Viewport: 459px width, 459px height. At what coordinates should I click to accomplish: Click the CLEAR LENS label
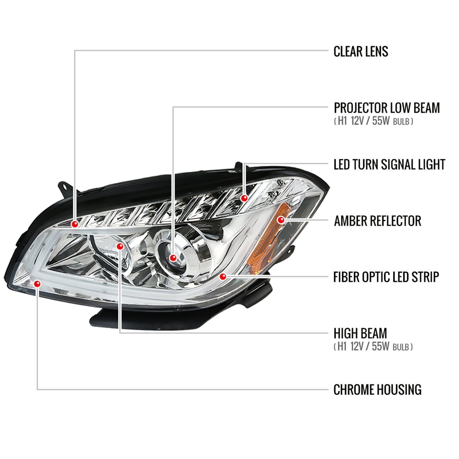click(x=360, y=51)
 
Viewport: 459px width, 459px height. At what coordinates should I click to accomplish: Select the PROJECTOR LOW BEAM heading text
click(x=386, y=108)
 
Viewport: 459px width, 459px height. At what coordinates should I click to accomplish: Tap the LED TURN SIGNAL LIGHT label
click(x=389, y=165)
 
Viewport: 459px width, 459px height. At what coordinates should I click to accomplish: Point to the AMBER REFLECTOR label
click(x=377, y=221)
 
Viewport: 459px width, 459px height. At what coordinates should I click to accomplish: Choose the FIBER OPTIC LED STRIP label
click(x=386, y=277)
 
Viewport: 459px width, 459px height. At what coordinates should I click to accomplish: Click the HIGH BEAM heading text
click(x=360, y=333)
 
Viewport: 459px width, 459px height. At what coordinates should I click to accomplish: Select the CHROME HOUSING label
click(x=377, y=390)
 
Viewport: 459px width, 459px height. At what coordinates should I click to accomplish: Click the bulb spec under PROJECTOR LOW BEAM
click(x=373, y=121)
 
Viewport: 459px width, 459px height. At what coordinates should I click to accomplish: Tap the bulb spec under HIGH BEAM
click(x=373, y=347)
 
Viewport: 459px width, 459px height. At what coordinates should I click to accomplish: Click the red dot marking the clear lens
click(x=75, y=224)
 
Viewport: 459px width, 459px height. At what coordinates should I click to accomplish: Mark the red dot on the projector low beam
click(x=173, y=258)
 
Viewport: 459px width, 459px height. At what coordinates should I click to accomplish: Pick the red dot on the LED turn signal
click(x=244, y=198)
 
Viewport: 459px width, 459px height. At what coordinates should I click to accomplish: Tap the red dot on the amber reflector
click(x=281, y=220)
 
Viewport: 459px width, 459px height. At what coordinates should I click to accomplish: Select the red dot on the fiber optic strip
click(x=223, y=277)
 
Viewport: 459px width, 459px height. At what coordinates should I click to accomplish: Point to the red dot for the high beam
click(x=120, y=246)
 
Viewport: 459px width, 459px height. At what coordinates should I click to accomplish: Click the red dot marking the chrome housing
click(x=37, y=284)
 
